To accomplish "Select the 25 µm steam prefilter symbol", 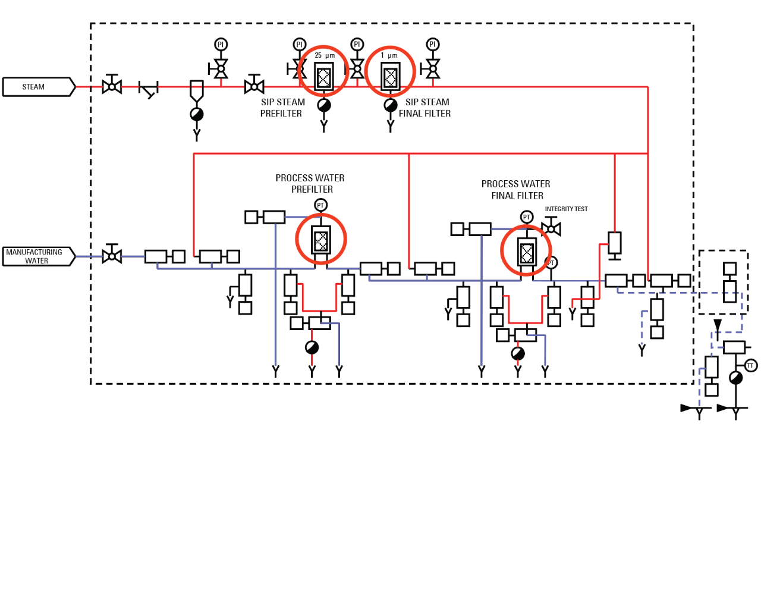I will tap(323, 77).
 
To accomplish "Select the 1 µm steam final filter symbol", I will tap(390, 77).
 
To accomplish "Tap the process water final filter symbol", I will tap(527, 252).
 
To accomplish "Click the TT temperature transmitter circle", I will tap(751, 366).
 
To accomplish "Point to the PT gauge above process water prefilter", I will tap(320, 205).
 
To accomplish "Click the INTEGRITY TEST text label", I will tap(566, 209).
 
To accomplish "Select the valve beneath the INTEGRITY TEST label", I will tap(551, 228).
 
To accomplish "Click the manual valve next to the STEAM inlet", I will tap(112, 86).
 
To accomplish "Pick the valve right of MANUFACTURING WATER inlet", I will tap(112, 256).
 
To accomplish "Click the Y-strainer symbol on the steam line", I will tap(148, 89).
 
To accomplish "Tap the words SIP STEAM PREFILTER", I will tap(282, 108).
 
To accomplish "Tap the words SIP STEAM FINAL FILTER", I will tap(425, 108).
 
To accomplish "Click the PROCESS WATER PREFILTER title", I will tap(310, 183).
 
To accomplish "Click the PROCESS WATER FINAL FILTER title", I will tap(516, 190).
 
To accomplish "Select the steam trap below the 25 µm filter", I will tap(324, 105).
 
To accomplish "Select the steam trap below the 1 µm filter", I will tap(391, 105).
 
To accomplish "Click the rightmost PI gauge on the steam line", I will tap(433, 45).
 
